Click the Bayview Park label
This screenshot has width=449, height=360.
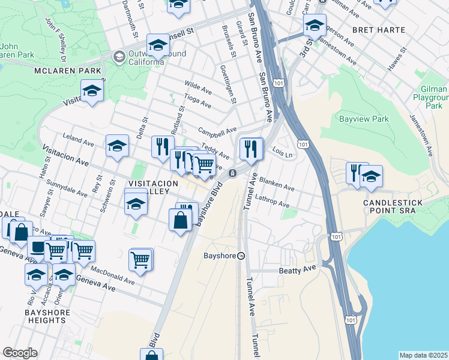click(364, 119)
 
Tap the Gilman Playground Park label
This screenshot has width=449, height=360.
click(431, 97)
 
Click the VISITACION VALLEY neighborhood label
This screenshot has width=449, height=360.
click(153, 187)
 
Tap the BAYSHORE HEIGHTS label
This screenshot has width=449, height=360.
click(47, 316)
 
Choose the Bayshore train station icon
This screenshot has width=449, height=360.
click(241, 256)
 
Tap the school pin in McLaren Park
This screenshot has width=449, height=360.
click(92, 91)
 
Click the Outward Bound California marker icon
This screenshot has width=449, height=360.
click(119, 56)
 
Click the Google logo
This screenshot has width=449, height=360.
click(20, 353)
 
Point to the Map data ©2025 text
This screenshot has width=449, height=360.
click(423, 355)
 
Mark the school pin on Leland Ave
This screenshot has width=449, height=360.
click(117, 145)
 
